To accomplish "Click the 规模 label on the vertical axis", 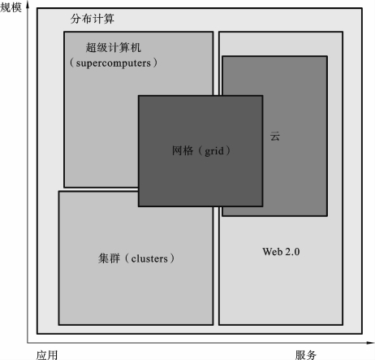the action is [11, 7].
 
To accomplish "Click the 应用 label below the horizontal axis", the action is [47, 355].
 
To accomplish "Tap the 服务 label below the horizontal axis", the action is [305, 355].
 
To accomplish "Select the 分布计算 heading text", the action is [93, 19].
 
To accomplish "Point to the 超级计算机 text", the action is [114, 47].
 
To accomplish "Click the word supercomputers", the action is [114, 63].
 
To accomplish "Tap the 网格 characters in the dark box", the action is [183, 150].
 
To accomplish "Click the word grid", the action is [214, 151].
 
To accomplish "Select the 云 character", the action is [274, 136].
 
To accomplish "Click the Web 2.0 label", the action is [281, 252].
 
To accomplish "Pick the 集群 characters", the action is [109, 258].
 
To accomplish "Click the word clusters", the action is [149, 258].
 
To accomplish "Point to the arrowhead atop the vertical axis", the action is [28, 6].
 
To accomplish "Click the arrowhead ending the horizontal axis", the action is [370, 343].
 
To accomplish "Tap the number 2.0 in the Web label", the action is [292, 252].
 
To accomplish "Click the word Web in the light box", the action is [273, 252].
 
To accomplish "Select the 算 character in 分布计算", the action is [109, 19].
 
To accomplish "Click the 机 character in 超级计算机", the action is [136, 47].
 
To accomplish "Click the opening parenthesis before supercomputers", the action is [72, 63].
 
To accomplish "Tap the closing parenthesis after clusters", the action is [172, 258].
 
